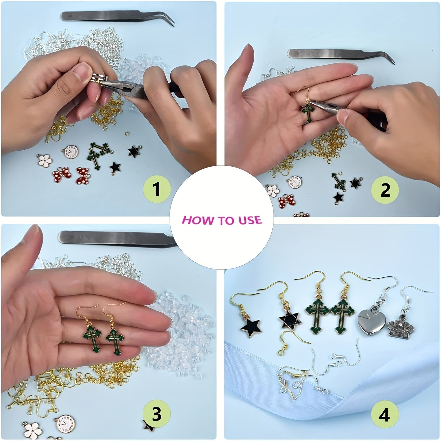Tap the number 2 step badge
coord(385,190)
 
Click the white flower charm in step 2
coord(271,191)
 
